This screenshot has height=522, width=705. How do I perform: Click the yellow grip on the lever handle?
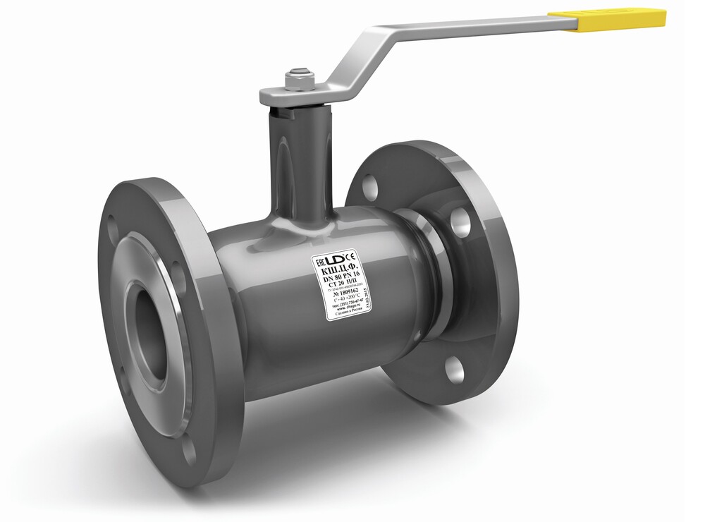click(x=607, y=18)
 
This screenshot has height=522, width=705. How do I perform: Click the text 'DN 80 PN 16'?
click(x=341, y=277)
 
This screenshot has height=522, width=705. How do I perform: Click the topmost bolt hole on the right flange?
click(x=369, y=186)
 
